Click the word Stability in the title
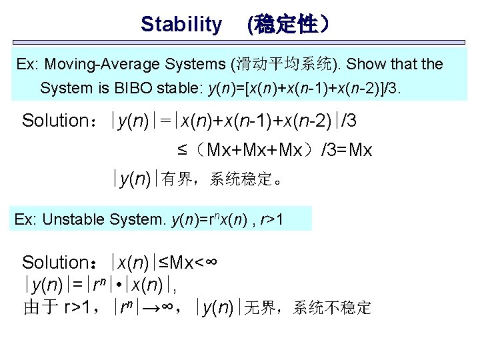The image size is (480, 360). click(181, 25)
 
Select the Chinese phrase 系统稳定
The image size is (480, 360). click(241, 179)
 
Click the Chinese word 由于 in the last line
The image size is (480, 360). click(41, 307)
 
